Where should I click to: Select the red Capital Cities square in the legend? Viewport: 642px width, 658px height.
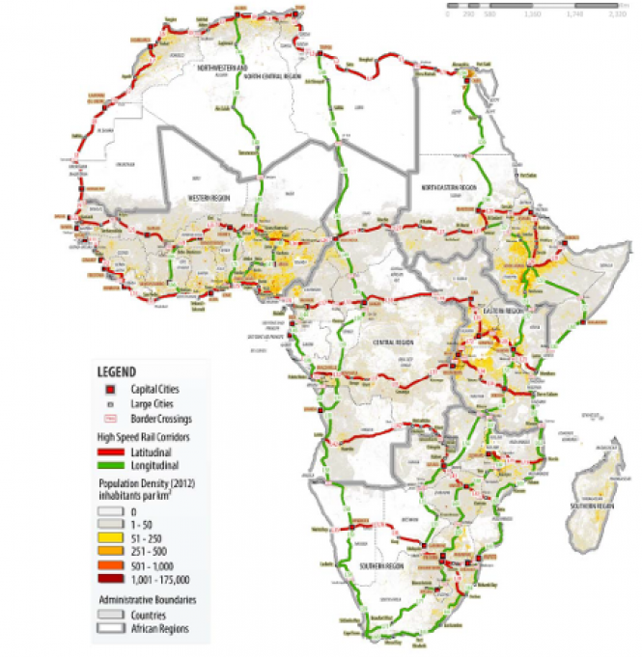(x=111, y=388)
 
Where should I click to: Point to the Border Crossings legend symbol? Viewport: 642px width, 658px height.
(x=111, y=419)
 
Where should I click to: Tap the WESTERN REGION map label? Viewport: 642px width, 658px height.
(x=210, y=196)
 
